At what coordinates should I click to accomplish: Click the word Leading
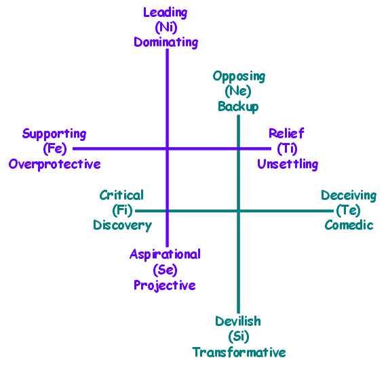[166, 13]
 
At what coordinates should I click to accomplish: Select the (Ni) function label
[166, 27]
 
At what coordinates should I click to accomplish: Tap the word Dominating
[166, 42]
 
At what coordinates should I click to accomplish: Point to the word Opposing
[239, 77]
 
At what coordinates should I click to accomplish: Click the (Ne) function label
[238, 91]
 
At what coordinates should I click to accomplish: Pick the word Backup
[238, 107]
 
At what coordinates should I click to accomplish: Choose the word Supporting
[54, 134]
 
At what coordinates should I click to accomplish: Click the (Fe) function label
[55, 148]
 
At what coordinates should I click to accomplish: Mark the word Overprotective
[55, 164]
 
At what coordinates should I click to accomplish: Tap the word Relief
[286, 134]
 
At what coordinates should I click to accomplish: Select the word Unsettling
[288, 164]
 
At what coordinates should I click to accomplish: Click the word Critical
[121, 195]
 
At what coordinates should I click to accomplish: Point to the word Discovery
[123, 226]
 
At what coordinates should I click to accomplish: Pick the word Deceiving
[349, 196]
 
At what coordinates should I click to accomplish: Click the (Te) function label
[348, 210]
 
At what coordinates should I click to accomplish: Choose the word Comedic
[349, 225]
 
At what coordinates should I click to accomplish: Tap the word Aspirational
[165, 254]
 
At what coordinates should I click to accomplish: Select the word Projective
[165, 285]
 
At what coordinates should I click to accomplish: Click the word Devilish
[238, 321]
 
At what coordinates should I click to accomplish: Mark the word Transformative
[239, 352]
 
